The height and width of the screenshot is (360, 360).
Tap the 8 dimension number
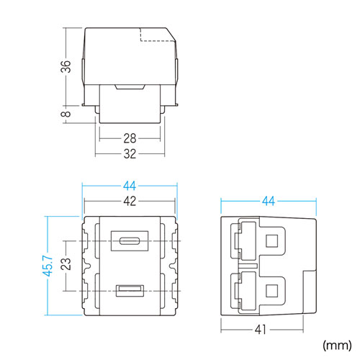(x=64, y=113)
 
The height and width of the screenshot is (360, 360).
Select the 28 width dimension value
(x=130, y=138)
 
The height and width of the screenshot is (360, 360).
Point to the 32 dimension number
(x=130, y=154)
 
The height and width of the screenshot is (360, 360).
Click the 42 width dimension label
(x=130, y=201)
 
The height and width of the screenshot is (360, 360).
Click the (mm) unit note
(x=336, y=344)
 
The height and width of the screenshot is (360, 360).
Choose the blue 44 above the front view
(x=130, y=184)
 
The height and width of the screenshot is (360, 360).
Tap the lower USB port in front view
(x=130, y=291)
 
